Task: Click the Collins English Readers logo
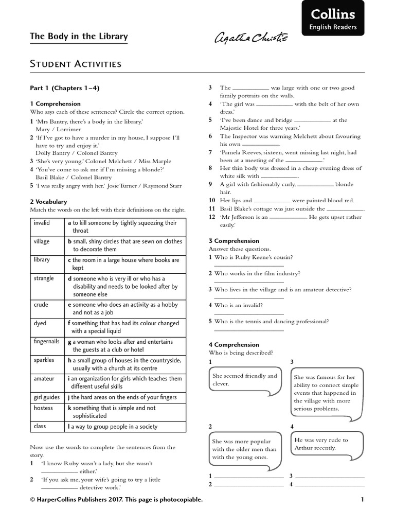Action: tap(332, 18)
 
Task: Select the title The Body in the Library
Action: tap(79, 37)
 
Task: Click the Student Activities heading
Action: tap(76, 64)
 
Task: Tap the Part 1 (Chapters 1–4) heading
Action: tap(64, 88)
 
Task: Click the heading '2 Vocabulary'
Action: tap(48, 202)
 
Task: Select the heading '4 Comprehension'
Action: tap(234, 345)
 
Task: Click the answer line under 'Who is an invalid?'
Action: tap(248, 314)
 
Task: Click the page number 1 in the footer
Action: tap(362, 499)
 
